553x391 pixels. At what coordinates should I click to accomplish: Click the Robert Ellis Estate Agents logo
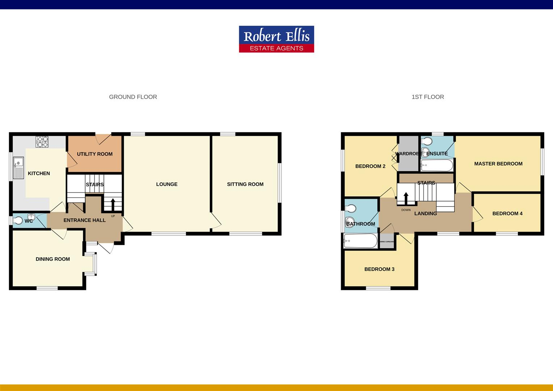[x=276, y=39]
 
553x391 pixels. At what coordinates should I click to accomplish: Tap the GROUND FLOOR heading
[x=133, y=97]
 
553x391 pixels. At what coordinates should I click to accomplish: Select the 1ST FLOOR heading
[x=427, y=97]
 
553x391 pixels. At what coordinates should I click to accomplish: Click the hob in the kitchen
[x=42, y=142]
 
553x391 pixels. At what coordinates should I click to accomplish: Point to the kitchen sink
[x=18, y=168]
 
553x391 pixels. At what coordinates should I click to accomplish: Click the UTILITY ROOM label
[x=94, y=154]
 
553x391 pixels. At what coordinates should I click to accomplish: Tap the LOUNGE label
[x=166, y=184]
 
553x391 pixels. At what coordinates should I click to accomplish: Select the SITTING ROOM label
[x=245, y=184]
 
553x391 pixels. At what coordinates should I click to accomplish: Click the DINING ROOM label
[x=52, y=259]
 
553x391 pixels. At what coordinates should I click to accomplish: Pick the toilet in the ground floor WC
[x=18, y=220]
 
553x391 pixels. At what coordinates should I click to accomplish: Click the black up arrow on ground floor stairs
[x=113, y=203]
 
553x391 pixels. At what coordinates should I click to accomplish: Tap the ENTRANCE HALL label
[x=84, y=220]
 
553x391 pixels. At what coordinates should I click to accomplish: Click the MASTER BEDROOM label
[x=498, y=164]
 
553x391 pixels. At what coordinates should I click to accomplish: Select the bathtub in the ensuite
[x=437, y=166]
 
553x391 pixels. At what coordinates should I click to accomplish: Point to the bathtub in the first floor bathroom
[x=360, y=241]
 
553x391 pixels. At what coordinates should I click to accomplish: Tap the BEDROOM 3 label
[x=379, y=269]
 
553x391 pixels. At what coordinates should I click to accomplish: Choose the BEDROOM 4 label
[x=507, y=214]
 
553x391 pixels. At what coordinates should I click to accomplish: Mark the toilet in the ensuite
[x=426, y=140]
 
